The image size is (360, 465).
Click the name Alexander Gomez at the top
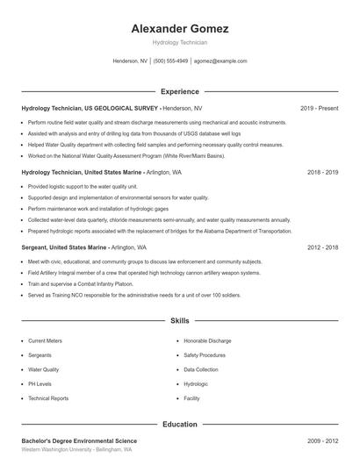click(180, 29)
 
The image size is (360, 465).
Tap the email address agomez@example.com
click(220, 61)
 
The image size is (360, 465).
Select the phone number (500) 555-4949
click(170, 61)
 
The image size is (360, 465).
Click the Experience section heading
click(180, 91)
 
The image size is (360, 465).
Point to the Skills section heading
click(180, 322)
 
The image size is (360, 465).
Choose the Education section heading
click(180, 425)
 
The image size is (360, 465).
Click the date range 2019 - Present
click(319, 108)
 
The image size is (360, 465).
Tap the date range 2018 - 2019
click(322, 173)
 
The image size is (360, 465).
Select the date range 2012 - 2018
click(322, 248)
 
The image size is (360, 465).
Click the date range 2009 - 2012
click(322, 440)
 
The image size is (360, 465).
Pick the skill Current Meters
click(45, 340)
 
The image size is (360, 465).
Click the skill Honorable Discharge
click(207, 340)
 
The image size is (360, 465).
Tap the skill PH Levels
click(40, 384)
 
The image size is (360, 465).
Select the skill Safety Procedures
click(205, 355)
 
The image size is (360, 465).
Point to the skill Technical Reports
click(48, 398)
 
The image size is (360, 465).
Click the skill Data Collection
click(201, 369)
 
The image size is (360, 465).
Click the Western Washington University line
click(76, 449)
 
